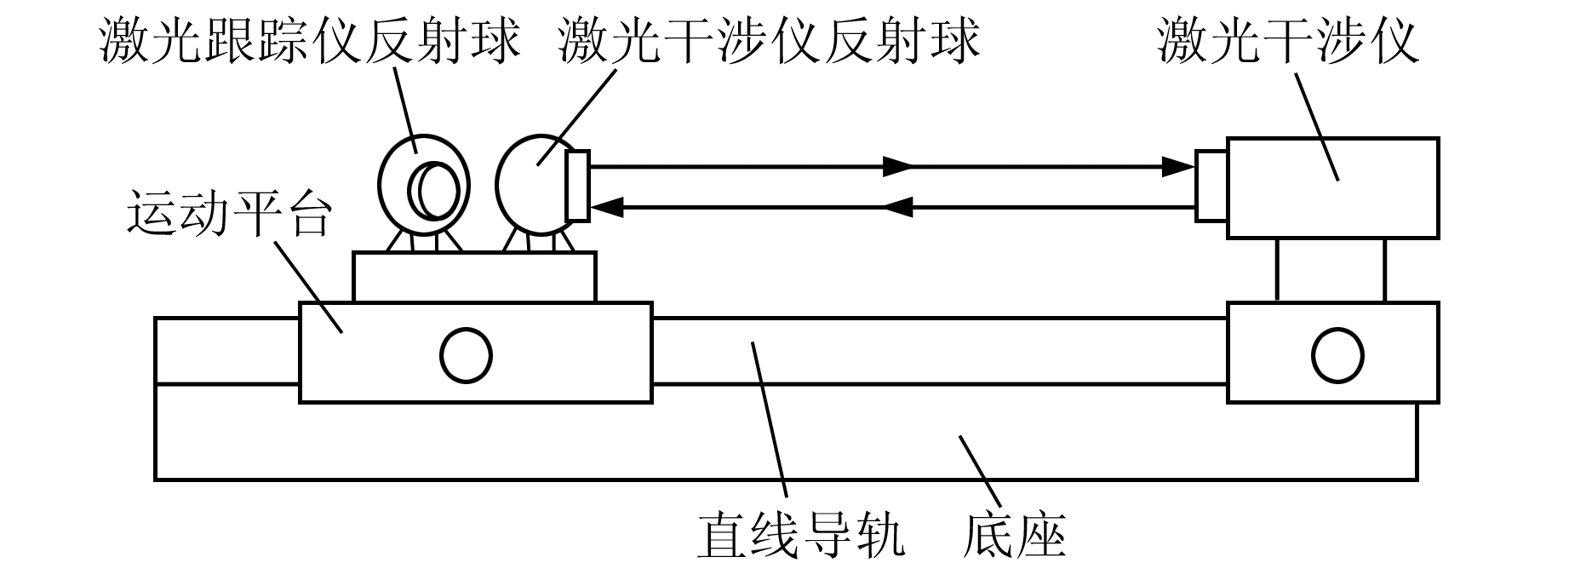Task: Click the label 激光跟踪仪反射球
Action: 308,41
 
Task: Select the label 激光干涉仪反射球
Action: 769,41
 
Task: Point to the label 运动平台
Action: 227,214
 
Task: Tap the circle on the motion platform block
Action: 466,355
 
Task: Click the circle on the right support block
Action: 1337,355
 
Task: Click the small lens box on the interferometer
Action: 1211,186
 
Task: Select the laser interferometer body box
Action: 1332,187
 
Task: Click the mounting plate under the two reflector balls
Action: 473,276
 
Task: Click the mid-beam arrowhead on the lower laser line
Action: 898,205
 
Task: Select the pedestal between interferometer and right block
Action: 1331,269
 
